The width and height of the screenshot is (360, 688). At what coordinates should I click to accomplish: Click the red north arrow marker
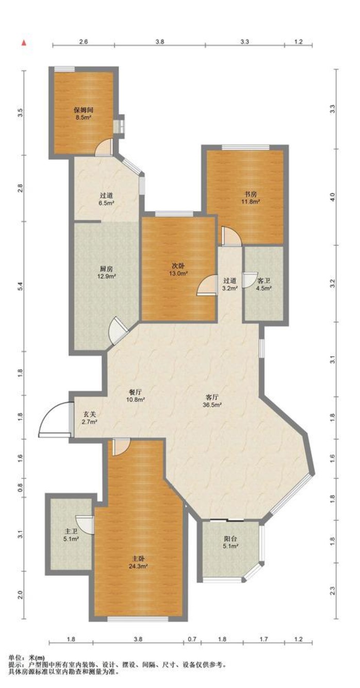click(x=24, y=43)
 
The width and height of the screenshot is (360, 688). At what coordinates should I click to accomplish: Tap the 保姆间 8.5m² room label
click(x=84, y=114)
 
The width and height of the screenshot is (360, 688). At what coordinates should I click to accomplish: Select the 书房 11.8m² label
click(x=251, y=198)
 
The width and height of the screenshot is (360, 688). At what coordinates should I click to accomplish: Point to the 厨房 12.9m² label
click(x=106, y=272)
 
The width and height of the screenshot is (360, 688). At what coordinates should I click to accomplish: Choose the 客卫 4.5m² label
click(x=264, y=284)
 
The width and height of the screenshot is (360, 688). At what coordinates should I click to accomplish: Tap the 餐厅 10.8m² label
click(x=135, y=396)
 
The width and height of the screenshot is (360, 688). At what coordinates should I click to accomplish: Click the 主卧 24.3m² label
click(x=138, y=562)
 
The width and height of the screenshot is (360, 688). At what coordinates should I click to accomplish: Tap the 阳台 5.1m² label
click(x=231, y=542)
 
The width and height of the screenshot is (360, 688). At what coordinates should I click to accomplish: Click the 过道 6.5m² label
click(x=106, y=199)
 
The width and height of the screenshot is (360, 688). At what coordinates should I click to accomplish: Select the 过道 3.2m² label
click(x=230, y=284)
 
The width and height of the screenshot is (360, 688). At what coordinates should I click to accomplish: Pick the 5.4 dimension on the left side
click(x=21, y=286)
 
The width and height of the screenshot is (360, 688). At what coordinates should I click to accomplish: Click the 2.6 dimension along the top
click(x=83, y=42)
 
